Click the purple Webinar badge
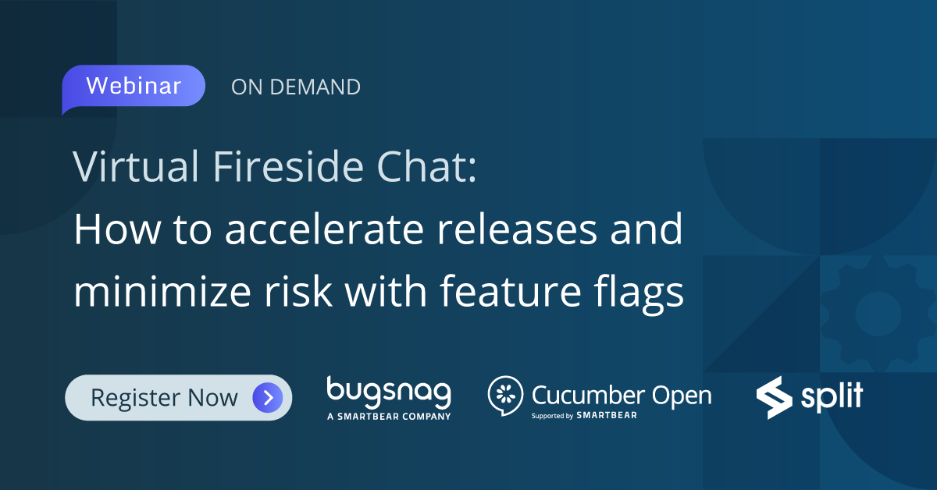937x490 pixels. (134, 86)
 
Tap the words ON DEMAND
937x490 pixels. (296, 87)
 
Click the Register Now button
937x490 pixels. (178, 398)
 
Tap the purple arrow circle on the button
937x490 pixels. (267, 398)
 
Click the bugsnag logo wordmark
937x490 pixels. (389, 392)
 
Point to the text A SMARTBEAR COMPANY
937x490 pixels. (389, 417)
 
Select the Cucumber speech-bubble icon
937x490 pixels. (505, 396)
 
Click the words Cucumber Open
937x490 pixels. (622, 394)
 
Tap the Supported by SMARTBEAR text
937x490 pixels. (584, 415)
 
